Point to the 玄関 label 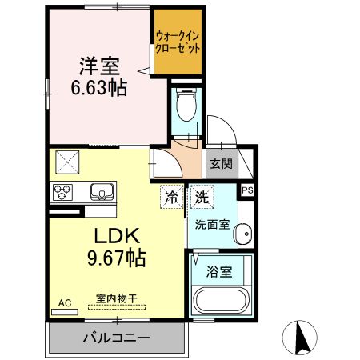(x=221, y=165)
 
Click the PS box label (x=248, y=190)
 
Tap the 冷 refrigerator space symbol (x=171, y=194)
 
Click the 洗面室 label (x=210, y=224)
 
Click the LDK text (x=120, y=237)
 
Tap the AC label (x=65, y=303)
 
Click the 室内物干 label (x=117, y=298)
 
